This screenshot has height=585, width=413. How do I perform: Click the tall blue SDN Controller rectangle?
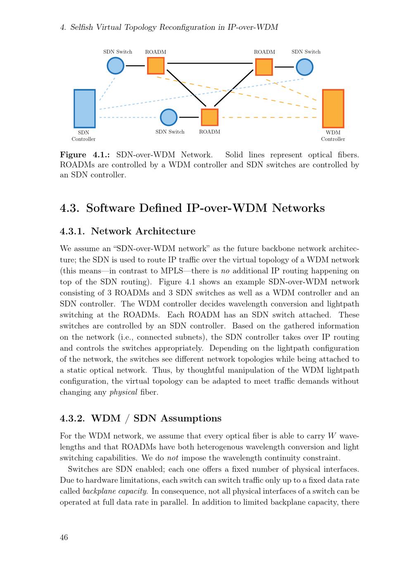point(84,108)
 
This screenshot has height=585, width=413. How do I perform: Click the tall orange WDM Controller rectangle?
point(333,108)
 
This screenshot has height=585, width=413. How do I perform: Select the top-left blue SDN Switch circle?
point(116,65)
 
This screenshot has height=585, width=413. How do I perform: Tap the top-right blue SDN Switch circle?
point(304,67)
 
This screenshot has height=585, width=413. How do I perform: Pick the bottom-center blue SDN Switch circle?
point(169,117)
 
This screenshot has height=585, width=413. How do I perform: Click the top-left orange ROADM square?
point(156,65)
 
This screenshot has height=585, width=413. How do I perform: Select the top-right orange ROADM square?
point(264,67)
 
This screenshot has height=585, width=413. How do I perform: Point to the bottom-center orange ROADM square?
point(209,117)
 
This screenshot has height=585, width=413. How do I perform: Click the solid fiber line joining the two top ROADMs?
point(210,63)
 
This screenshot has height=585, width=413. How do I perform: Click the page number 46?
point(64,537)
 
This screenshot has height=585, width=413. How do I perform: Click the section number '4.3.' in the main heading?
point(69,208)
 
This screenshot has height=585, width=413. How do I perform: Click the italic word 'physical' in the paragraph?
point(123,392)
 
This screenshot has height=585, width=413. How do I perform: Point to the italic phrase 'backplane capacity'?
point(115,491)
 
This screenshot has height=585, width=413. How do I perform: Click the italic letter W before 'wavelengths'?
point(332,436)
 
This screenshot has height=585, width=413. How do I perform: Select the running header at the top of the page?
point(169,27)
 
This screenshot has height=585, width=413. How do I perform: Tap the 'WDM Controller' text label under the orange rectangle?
point(333,136)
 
